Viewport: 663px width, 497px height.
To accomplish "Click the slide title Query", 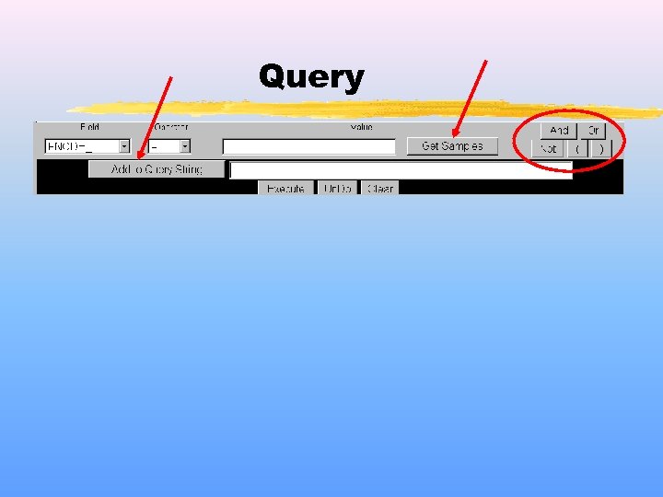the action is (x=311, y=77).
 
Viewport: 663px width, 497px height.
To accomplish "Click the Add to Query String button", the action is (x=157, y=169).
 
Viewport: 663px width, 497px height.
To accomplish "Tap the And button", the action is (x=559, y=131).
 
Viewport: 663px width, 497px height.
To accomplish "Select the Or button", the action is (x=593, y=131).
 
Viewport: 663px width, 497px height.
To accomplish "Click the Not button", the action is (x=549, y=148).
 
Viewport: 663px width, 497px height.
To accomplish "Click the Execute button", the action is (x=285, y=188).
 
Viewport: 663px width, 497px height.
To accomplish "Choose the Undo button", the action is (x=338, y=188).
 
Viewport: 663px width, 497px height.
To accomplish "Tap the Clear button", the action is (x=380, y=188).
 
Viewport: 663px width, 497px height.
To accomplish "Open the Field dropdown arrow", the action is (x=124, y=146).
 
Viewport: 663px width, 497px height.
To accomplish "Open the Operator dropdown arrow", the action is (x=184, y=146).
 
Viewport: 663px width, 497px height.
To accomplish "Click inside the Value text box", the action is (x=308, y=146).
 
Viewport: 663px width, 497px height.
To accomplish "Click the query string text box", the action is (x=401, y=169).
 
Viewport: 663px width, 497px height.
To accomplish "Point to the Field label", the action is (x=89, y=127).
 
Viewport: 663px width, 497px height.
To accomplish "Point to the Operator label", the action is (x=170, y=127).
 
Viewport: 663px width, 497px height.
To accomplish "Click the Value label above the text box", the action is (x=361, y=127).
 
